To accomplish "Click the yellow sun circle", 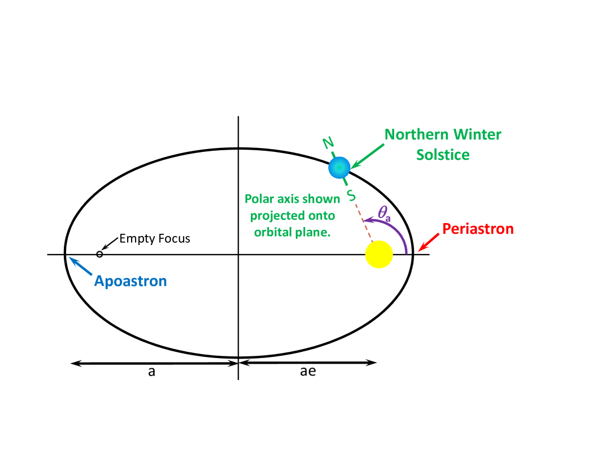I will (x=379, y=254).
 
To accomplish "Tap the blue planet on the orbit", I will (x=339, y=167).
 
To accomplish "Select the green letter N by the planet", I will (x=328, y=143).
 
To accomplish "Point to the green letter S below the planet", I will (x=351, y=195).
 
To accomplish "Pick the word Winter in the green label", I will (x=479, y=135).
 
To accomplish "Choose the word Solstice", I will (x=443, y=155).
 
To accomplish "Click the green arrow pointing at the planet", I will (x=367, y=156).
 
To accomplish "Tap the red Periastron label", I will (x=478, y=229).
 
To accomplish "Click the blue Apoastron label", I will (x=130, y=281).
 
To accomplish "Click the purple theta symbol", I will (x=384, y=213).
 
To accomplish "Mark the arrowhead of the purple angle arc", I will (x=367, y=220).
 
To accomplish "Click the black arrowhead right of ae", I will (x=371, y=363).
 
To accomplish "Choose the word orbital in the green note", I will (x=269, y=232).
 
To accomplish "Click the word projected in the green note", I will (x=277, y=216).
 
